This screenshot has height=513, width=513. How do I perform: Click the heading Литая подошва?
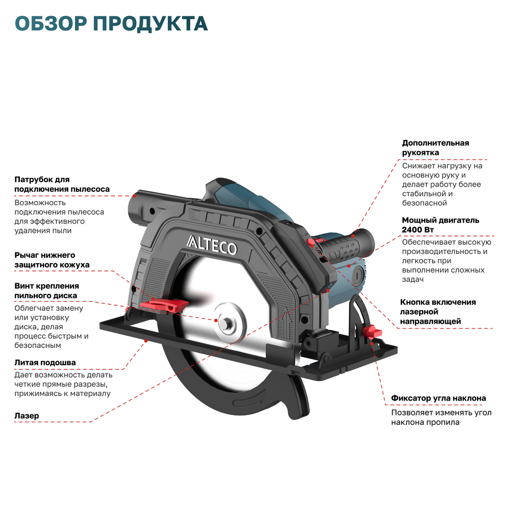45,363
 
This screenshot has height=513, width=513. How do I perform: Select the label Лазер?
27,416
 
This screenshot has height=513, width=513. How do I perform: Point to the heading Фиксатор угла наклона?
439,398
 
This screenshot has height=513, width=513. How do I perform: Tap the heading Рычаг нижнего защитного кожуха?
52,260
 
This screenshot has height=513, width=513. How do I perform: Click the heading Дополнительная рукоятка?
436,148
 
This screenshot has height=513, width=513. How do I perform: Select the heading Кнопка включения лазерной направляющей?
438,311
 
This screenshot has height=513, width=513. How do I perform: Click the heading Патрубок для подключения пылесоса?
62,184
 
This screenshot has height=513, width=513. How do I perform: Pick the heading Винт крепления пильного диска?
47,291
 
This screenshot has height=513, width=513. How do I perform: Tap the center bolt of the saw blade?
226,322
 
